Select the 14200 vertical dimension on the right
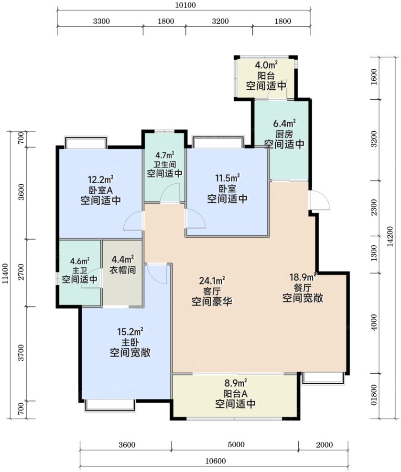390,236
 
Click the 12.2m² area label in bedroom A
101,179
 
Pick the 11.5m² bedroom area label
227,178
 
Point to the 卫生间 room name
164,165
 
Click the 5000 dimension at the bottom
236,445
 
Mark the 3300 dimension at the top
101,21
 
